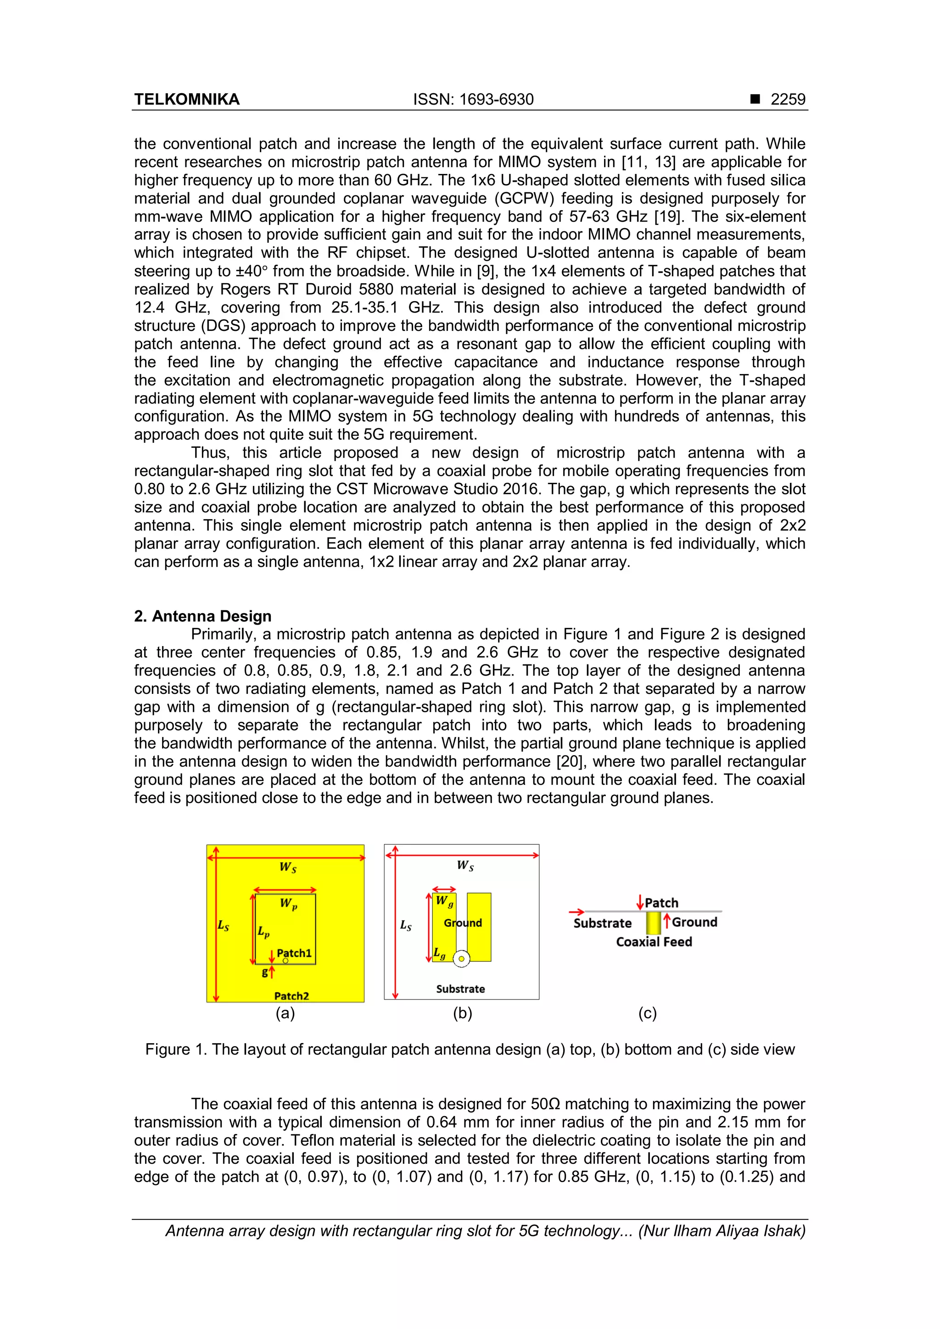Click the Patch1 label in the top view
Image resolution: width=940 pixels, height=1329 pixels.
[x=294, y=953]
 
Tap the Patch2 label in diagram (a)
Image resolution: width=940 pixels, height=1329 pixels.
[x=291, y=995]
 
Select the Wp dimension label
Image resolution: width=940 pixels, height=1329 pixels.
[x=288, y=904]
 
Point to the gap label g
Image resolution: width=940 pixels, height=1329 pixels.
[x=264, y=972]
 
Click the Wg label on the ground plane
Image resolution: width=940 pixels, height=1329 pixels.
[x=444, y=901]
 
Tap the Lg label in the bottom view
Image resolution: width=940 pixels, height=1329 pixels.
[x=439, y=953]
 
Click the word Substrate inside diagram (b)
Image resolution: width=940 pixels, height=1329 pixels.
[x=460, y=988]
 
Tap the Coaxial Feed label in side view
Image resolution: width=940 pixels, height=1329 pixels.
[x=654, y=942]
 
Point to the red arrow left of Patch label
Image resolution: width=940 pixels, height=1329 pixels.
[x=639, y=902]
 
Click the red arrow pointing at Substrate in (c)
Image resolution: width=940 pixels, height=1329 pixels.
[x=576, y=912]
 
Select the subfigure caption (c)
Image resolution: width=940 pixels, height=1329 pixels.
[x=647, y=1013]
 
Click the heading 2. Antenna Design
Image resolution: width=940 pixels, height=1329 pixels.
[x=202, y=616]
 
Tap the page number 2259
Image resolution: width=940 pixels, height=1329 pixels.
[x=787, y=100]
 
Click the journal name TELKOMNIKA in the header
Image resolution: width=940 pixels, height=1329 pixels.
[x=186, y=100]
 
